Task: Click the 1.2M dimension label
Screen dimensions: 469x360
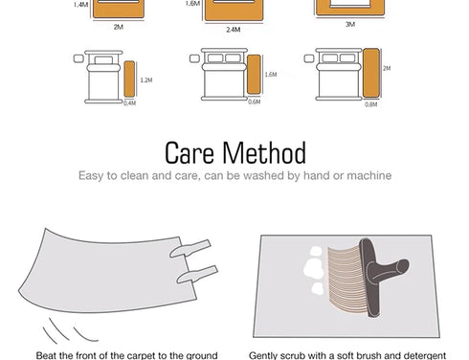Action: coord(146,80)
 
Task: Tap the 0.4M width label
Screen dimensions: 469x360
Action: coord(130,103)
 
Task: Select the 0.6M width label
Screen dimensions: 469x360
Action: coord(255,101)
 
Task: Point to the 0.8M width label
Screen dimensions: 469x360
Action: coord(371,104)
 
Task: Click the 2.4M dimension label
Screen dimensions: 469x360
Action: coord(234,30)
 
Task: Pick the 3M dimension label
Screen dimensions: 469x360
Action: coord(350,24)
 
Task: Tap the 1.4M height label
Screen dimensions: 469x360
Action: coord(80,5)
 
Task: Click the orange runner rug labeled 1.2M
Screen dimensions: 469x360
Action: coord(129,79)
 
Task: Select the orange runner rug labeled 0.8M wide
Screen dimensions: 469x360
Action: coord(371,73)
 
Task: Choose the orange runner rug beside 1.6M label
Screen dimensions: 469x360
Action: coord(254,75)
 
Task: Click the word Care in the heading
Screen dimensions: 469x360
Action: coord(190,153)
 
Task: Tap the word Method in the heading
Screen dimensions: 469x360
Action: coord(264,153)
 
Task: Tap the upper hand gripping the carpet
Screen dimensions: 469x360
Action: coord(190,249)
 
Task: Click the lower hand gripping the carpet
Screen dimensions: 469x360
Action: coord(197,275)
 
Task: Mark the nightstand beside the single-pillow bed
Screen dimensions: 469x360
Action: coord(78,58)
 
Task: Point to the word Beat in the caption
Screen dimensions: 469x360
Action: coord(46,355)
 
